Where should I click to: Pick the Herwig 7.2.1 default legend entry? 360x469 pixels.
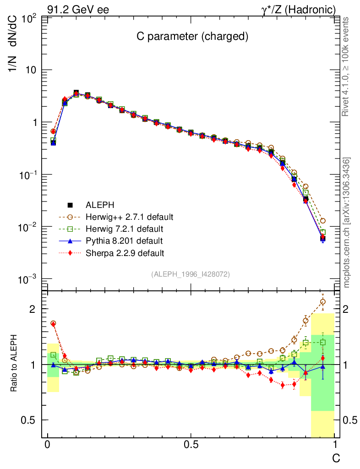(x=125, y=229)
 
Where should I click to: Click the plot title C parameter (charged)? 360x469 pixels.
(x=192, y=37)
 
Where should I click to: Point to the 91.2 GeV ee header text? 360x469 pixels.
(x=78, y=9)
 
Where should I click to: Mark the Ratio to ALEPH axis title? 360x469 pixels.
(x=15, y=365)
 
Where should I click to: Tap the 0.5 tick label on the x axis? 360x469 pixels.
(x=191, y=445)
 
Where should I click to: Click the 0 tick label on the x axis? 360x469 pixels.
(x=48, y=445)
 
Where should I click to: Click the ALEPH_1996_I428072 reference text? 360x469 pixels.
(x=190, y=274)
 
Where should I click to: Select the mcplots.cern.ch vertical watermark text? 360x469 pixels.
(x=348, y=222)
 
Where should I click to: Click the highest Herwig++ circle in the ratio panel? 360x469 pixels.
(x=323, y=301)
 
